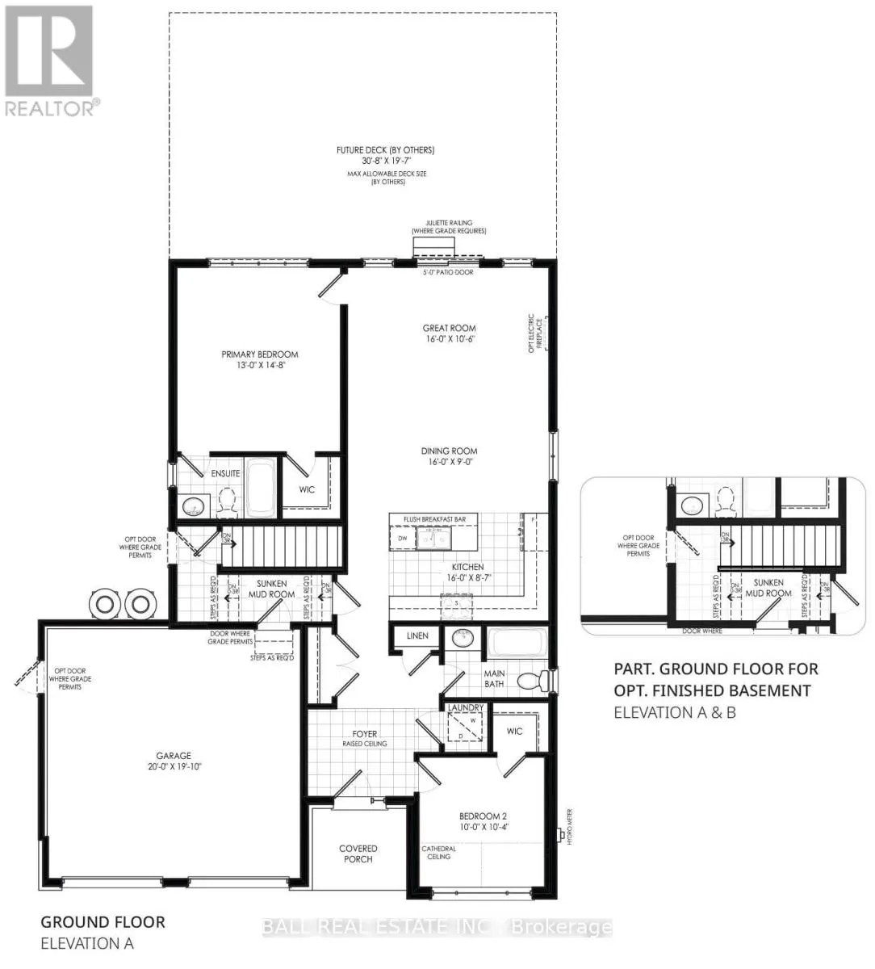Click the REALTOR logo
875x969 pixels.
49,61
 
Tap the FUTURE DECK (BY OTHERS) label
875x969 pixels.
385,150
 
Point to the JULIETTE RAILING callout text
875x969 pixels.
449,227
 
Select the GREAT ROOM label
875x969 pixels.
449,329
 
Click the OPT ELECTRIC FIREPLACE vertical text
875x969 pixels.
532,333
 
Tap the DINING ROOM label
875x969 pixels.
449,451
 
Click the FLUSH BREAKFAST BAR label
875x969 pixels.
433,519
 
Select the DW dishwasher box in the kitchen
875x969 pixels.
401,538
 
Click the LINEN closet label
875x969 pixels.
417,636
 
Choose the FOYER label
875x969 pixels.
364,734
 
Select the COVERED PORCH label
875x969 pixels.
358,854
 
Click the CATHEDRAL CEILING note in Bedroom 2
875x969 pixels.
439,853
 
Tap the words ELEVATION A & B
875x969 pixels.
674,713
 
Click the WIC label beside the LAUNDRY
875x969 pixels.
514,732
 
